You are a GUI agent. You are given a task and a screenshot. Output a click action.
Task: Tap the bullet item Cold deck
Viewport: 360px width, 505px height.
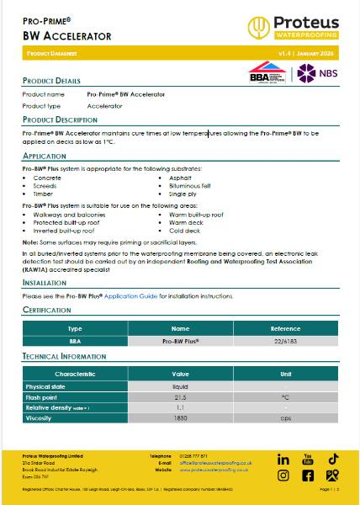tap(172, 231)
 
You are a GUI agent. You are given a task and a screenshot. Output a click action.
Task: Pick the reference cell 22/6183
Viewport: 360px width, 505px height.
tap(285, 342)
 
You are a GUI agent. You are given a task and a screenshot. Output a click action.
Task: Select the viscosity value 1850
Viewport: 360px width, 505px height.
tap(180, 417)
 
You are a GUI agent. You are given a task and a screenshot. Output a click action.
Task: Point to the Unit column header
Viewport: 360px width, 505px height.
tap(285, 373)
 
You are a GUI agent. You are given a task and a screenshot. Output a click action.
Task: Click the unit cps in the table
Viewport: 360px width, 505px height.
tap(285, 417)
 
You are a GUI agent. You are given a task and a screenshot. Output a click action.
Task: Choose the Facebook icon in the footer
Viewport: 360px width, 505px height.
tap(308, 476)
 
